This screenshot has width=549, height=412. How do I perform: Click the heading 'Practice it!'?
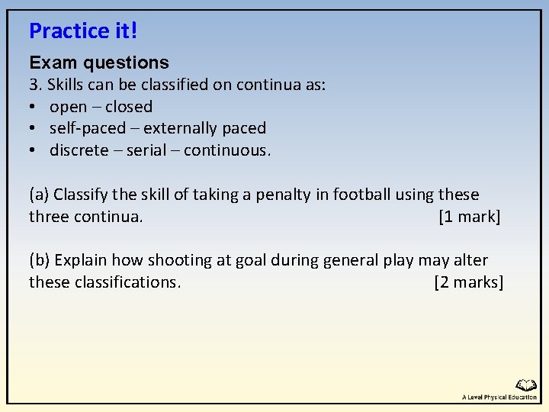coord(83,31)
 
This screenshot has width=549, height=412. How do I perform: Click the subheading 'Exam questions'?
coord(99,63)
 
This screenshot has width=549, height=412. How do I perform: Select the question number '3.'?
coord(36,85)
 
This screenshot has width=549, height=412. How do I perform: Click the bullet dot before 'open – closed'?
coord(34,107)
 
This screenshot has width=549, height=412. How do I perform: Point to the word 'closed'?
coord(129,107)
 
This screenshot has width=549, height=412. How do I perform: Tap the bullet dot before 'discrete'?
coord(34,150)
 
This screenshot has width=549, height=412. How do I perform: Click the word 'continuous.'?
coord(227,150)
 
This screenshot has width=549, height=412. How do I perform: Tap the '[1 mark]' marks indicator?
coord(470,217)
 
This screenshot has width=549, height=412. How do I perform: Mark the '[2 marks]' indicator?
coord(468,282)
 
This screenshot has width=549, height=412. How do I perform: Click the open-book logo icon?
coord(526,386)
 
